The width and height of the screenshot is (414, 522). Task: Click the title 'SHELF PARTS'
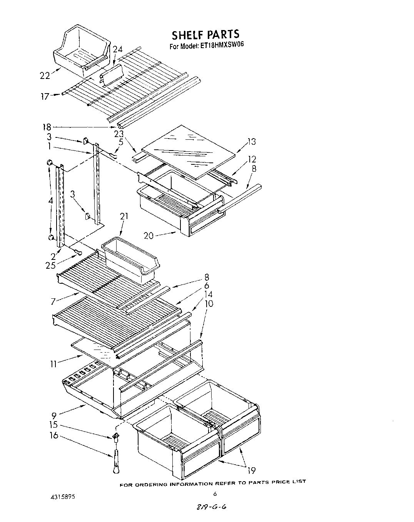click(x=205, y=35)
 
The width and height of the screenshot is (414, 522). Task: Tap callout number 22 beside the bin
click(x=45, y=75)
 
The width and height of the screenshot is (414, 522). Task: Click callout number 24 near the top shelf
click(x=117, y=49)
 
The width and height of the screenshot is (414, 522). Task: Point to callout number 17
click(x=45, y=96)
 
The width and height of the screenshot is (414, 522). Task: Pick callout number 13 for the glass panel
click(x=251, y=142)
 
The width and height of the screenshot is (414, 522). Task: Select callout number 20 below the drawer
click(x=149, y=235)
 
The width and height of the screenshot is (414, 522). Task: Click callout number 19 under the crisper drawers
click(x=250, y=470)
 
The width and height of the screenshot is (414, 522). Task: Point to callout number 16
click(x=54, y=435)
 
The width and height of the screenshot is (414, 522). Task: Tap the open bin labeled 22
click(x=80, y=50)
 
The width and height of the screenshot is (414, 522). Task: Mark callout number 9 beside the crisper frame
click(x=54, y=415)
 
